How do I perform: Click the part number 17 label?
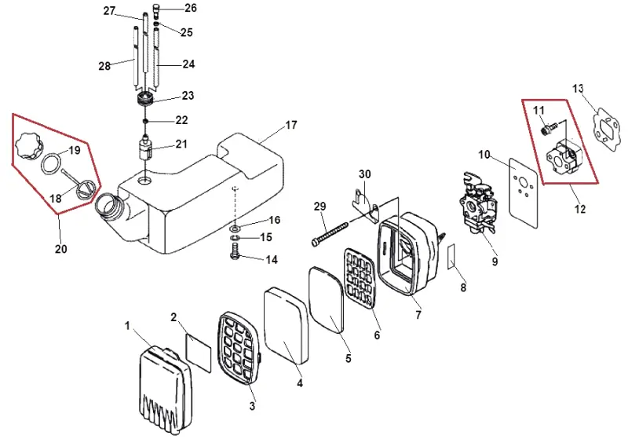click(x=291, y=125)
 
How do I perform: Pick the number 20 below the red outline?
click(x=61, y=249)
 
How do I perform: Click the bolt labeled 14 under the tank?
click(x=235, y=251)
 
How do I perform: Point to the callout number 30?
click(x=364, y=174)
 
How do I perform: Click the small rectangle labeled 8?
click(x=451, y=256)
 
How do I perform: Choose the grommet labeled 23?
click(x=144, y=98)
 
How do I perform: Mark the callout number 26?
click(x=191, y=8)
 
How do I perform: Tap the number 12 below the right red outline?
click(x=579, y=209)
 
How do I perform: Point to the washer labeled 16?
click(x=235, y=229)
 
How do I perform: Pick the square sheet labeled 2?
click(x=199, y=353)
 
